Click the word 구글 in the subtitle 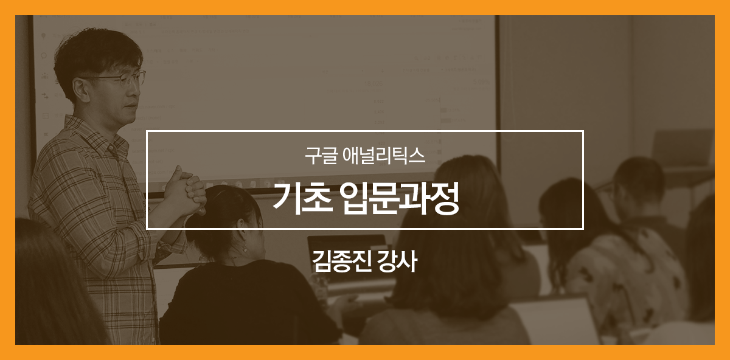[x=321, y=156]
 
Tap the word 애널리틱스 [x=384, y=156]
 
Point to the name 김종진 [x=341, y=261]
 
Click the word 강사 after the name [x=397, y=261]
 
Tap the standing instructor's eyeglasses [x=120, y=78]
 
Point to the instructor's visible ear [x=80, y=90]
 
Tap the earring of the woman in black [x=244, y=249]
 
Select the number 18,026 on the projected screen [x=374, y=84]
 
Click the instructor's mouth [x=130, y=106]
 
